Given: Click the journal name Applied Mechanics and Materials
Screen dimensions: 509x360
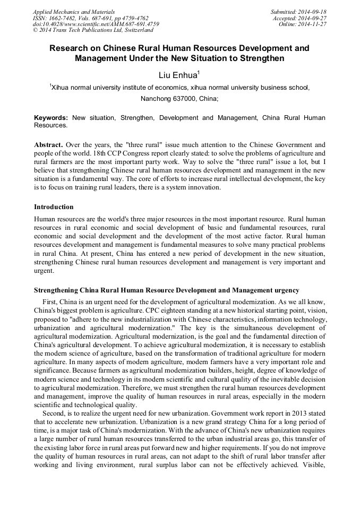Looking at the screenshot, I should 74,11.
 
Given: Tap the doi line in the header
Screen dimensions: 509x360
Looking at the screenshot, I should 96,24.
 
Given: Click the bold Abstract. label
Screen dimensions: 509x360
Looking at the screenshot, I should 49,144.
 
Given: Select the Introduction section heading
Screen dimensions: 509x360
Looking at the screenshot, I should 54,206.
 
